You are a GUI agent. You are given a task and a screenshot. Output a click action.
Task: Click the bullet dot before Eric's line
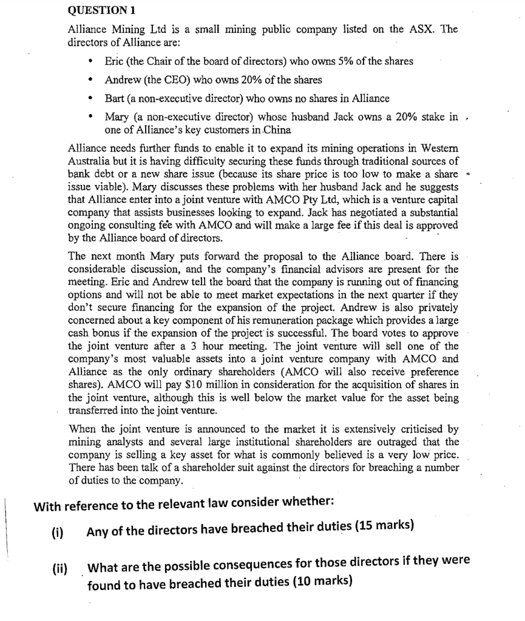click(x=90, y=62)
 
